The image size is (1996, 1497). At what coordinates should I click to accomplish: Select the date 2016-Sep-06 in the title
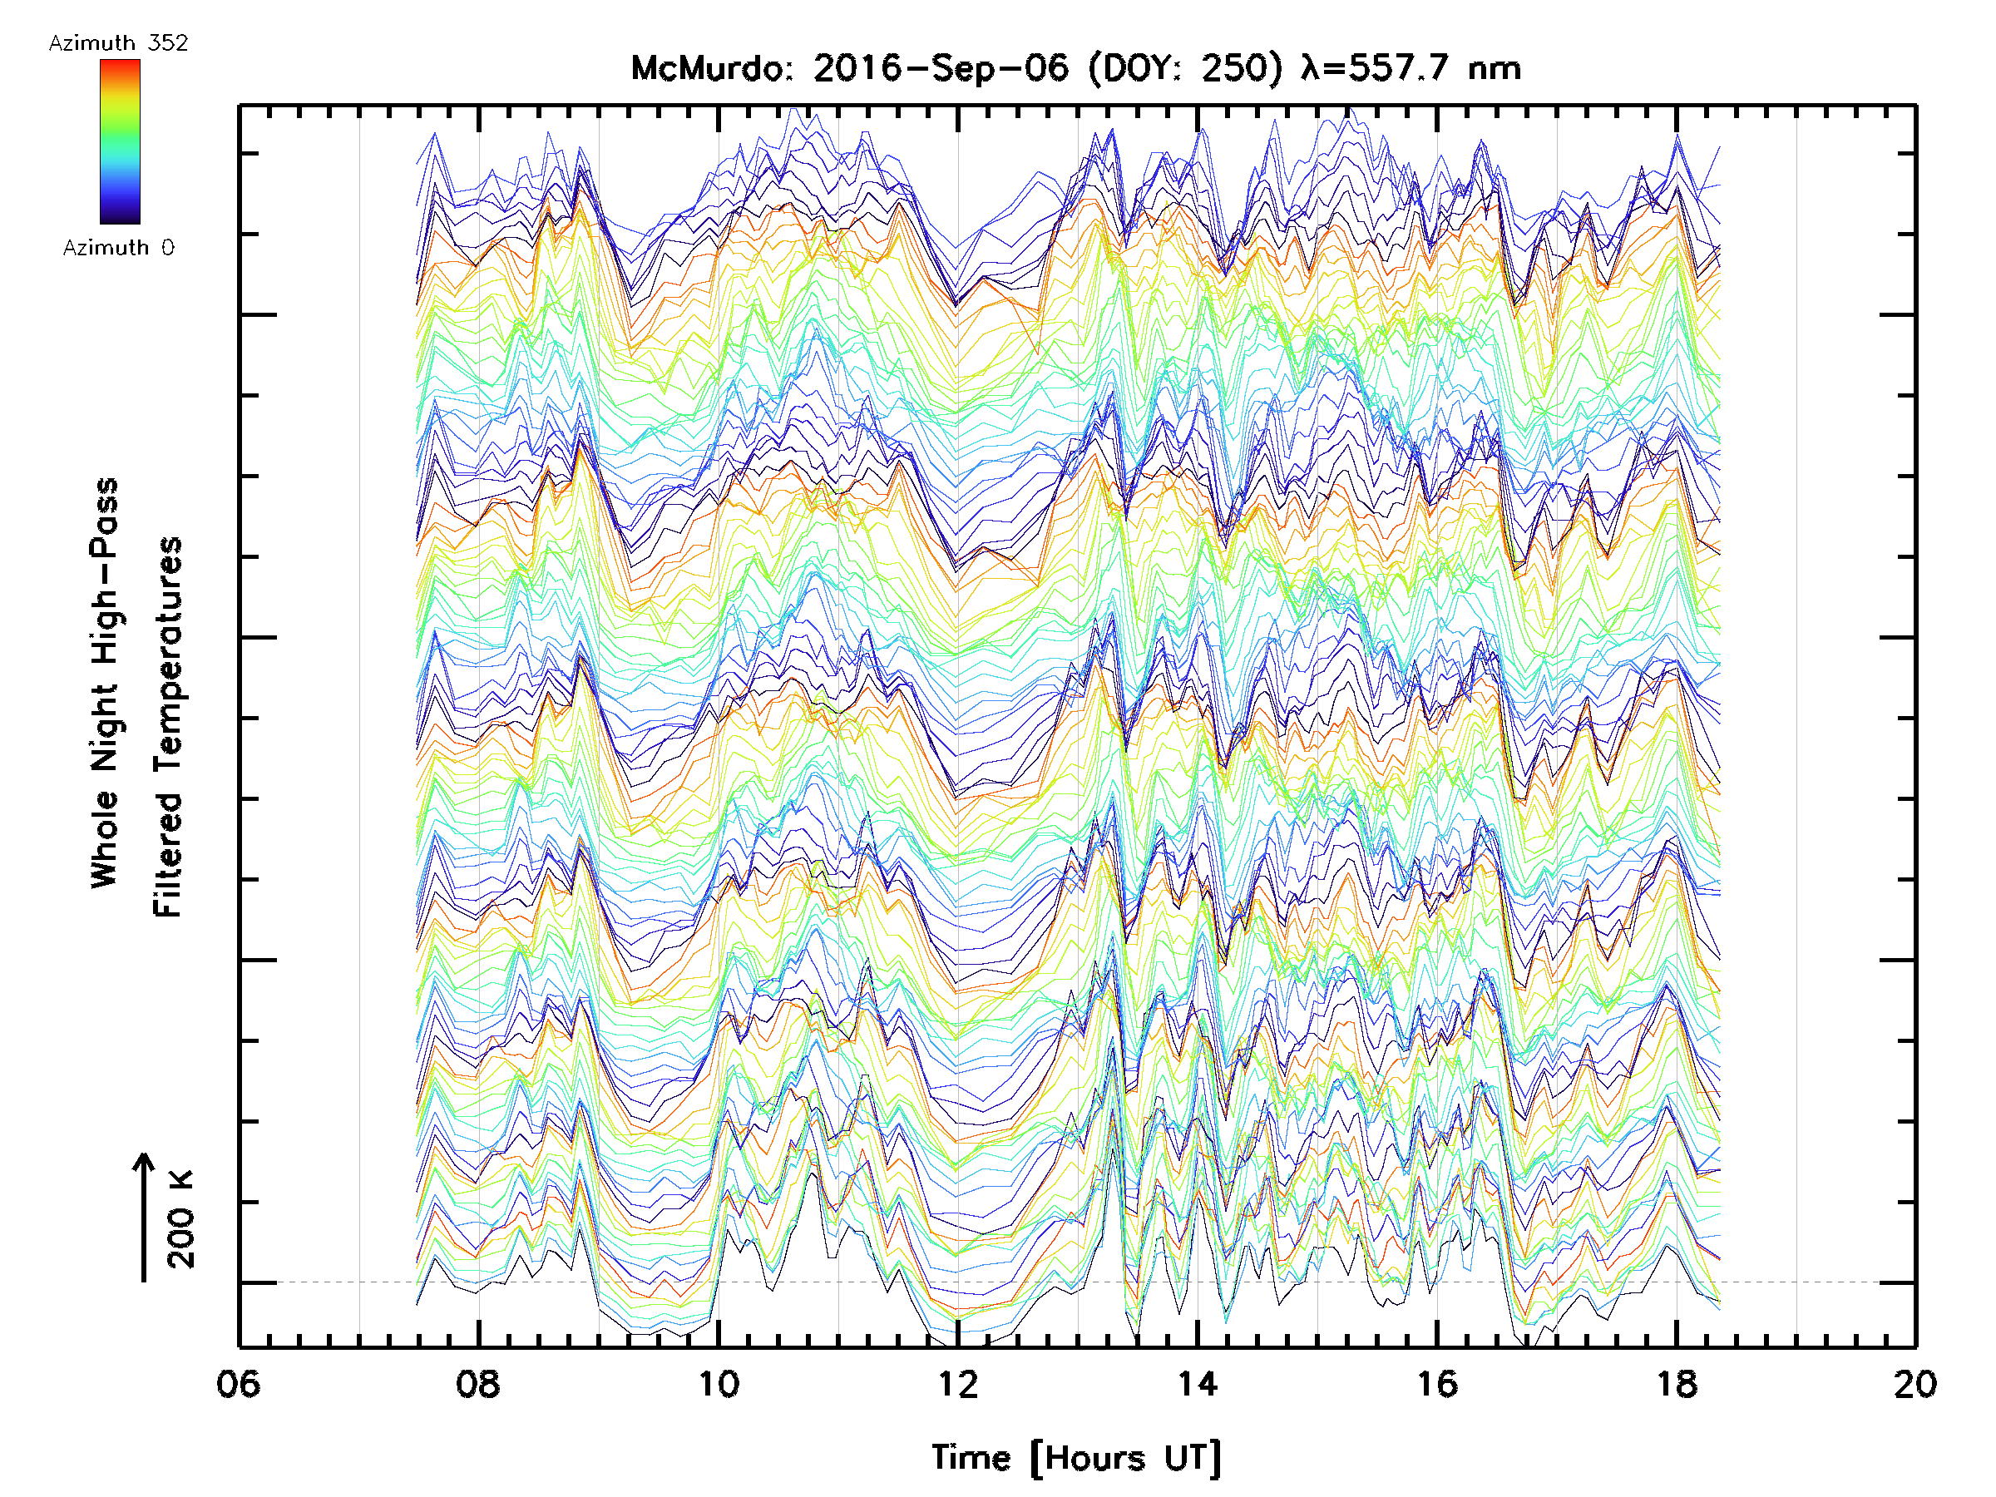[941, 68]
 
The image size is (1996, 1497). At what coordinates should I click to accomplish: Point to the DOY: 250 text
[1185, 68]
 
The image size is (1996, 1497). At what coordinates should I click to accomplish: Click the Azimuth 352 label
[118, 43]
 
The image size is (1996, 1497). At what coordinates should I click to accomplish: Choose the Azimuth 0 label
[118, 248]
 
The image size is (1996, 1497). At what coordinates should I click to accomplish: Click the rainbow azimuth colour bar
[120, 141]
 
